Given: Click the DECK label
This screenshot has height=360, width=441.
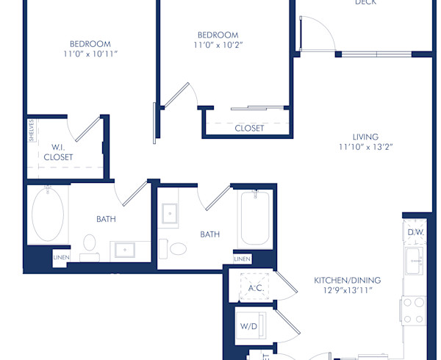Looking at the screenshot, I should (365, 3).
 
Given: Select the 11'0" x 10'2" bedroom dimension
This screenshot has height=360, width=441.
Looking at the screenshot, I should (218, 46).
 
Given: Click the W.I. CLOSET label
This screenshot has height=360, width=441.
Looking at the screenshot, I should (58, 152).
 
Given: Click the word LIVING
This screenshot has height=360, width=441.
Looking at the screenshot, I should (365, 137).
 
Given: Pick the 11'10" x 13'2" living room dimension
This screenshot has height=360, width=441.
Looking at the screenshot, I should (365, 147).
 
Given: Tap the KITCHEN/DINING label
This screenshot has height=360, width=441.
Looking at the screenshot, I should (348, 281).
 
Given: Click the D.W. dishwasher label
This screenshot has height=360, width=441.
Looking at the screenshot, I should (415, 233).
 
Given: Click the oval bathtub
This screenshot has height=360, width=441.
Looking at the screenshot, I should (48, 214).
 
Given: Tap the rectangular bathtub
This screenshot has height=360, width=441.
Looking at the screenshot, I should (255, 218).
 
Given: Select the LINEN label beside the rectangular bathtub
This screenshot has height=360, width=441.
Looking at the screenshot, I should (242, 259).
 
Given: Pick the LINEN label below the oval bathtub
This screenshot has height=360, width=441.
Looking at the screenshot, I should (62, 258).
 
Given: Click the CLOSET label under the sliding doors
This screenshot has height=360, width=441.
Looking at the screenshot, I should (249, 128).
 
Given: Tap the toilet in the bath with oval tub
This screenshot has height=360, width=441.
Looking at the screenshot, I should (90, 244).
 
